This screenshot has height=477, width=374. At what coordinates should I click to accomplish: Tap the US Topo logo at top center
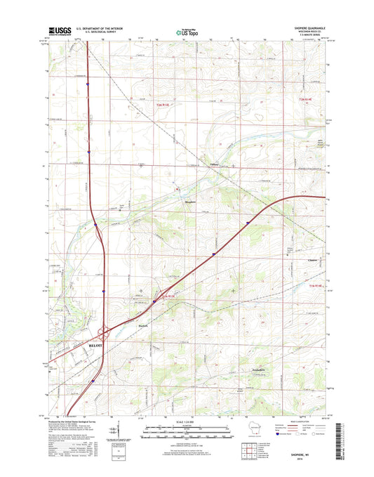point(187,30)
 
